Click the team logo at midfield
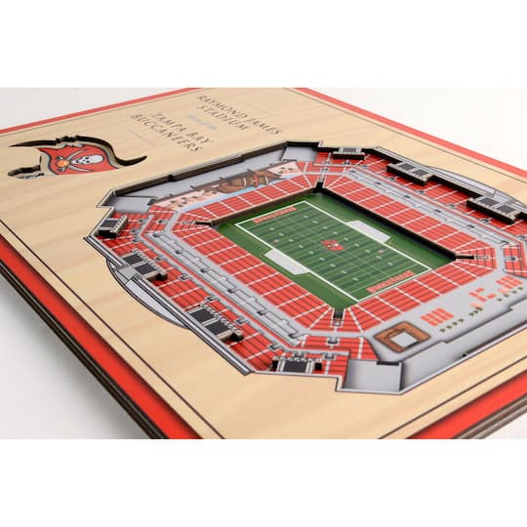pyautogui.click(x=332, y=245)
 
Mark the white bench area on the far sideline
pyautogui.click(x=368, y=230)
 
